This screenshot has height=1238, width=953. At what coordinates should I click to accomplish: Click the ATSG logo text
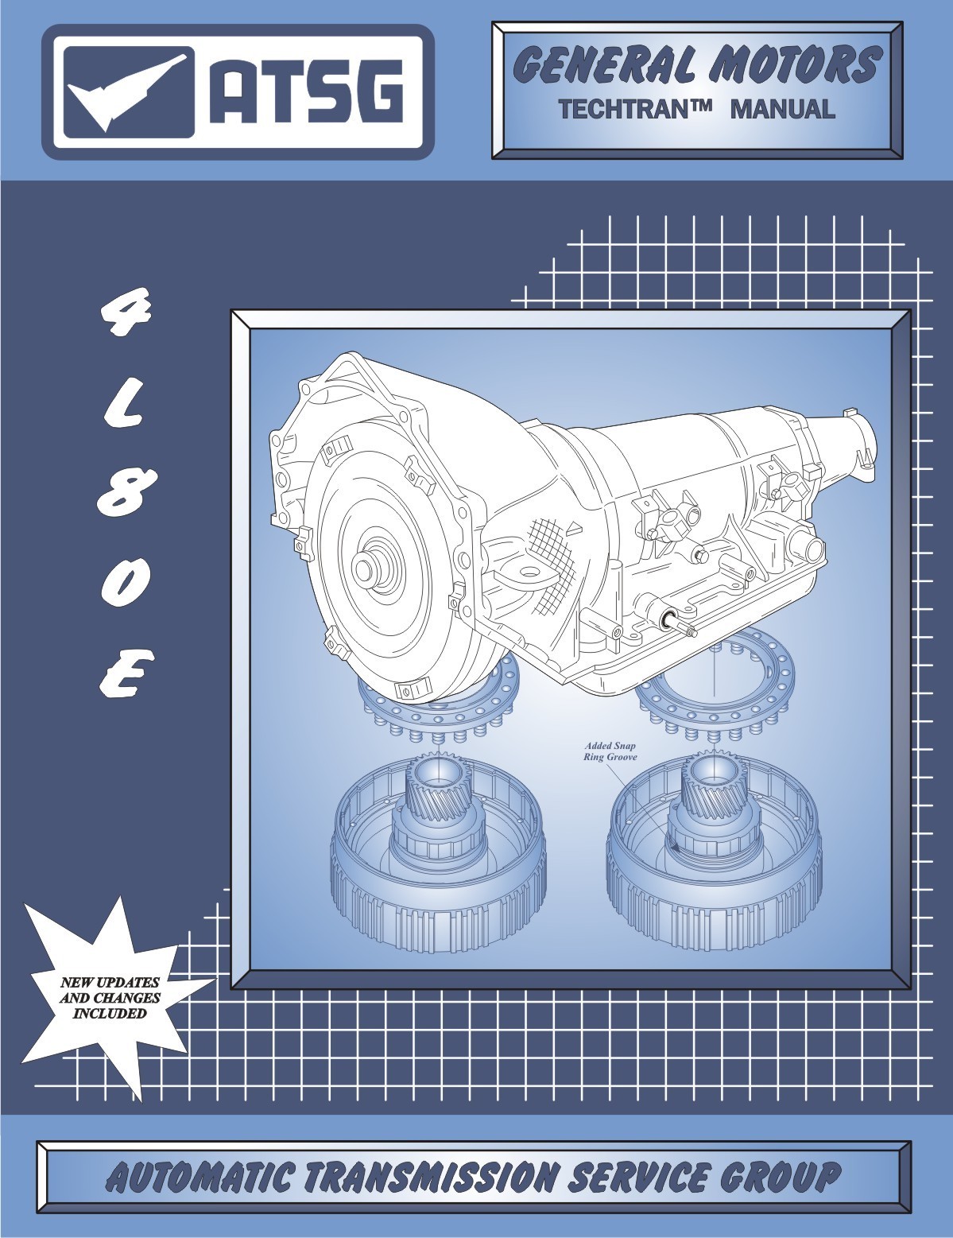click(306, 92)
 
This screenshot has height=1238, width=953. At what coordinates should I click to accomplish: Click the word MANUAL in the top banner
click(782, 109)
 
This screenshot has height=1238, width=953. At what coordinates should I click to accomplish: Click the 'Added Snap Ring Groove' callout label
click(610, 751)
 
